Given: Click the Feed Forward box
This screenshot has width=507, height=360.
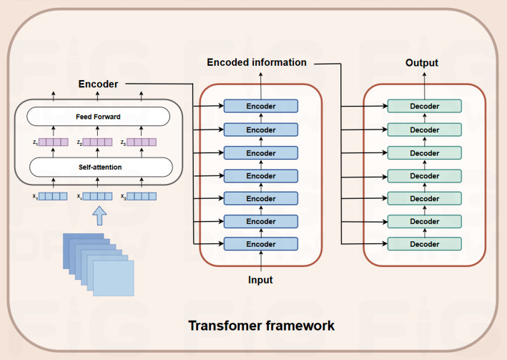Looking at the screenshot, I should pos(99,117).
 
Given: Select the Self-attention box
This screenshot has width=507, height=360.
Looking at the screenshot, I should pos(99,167).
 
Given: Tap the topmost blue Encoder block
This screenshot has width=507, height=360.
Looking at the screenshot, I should pos(260,107).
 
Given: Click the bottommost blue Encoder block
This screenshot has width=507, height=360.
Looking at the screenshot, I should pos(260,243).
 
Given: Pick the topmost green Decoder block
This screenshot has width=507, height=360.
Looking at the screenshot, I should pos(424,107).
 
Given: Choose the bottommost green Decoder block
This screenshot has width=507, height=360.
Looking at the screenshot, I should pos(424,243).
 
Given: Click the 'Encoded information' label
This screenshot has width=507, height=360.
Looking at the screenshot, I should pos(256,63).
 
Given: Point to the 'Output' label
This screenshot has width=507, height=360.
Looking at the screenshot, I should pos(422,63).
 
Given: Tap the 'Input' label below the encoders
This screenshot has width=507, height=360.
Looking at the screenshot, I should pos(260,280).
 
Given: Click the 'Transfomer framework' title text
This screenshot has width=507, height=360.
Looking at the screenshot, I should pos(261,326).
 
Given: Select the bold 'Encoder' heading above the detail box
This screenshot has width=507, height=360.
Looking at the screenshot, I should pos(98,84).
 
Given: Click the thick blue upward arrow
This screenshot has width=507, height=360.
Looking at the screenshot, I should pos(99,215).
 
